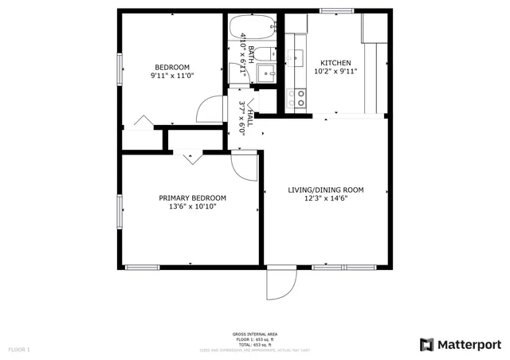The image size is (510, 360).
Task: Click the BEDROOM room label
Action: point(172,66)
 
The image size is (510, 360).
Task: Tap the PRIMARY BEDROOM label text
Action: point(192,198)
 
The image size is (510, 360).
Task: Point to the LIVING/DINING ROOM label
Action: point(325,190)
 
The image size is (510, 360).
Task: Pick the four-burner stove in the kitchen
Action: point(300,98)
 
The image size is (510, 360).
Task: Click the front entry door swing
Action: point(279,284)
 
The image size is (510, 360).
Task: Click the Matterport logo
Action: point(461,344)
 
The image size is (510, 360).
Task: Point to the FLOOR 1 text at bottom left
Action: point(19,350)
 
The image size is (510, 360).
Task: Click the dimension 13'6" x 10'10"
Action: point(192,206)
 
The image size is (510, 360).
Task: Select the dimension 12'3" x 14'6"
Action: point(325,198)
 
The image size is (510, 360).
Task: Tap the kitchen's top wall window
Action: point(334,10)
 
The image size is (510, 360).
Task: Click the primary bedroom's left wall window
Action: point(120,213)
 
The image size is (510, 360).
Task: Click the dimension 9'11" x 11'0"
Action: point(172,75)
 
